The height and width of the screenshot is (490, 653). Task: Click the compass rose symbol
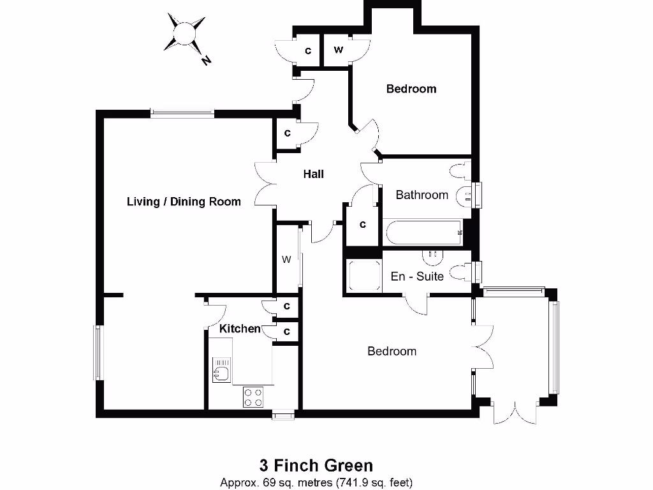tap(184, 33)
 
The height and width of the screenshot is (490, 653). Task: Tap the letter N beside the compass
tap(206, 60)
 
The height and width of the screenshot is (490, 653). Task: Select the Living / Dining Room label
tap(184, 202)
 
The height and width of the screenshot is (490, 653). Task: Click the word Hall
tap(313, 174)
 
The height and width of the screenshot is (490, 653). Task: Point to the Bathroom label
tap(422, 195)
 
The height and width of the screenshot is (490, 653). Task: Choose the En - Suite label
tap(417, 276)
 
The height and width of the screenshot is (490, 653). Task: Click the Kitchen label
tap(240, 329)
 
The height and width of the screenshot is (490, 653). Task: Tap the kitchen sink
tap(221, 371)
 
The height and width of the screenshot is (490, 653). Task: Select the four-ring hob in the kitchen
tap(253, 397)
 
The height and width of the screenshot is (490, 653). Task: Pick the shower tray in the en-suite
tap(363, 275)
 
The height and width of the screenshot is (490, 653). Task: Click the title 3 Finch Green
tap(316, 465)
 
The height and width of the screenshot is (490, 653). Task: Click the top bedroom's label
tap(411, 89)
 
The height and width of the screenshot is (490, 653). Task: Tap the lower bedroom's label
tap(392, 351)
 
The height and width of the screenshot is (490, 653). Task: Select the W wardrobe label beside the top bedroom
tap(338, 50)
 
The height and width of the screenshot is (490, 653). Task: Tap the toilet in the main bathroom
tap(460, 171)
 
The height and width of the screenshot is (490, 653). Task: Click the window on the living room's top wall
tap(182, 114)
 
